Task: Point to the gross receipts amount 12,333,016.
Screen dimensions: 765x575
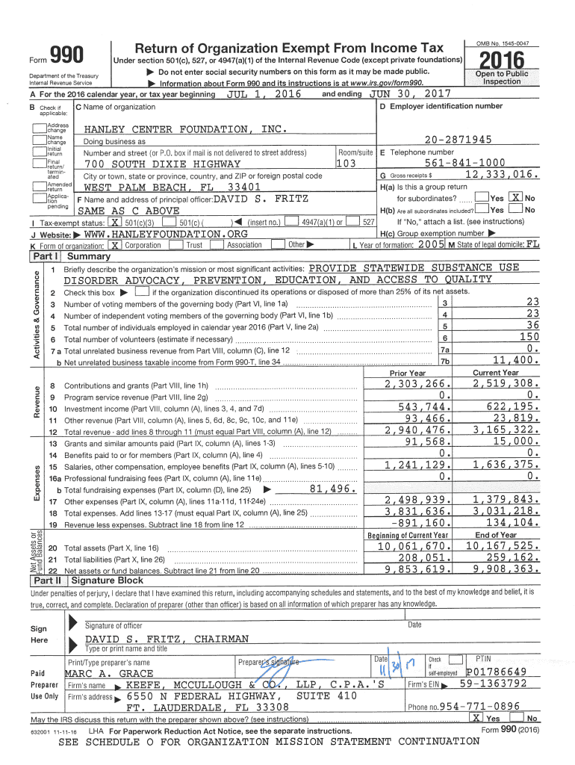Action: [501, 174]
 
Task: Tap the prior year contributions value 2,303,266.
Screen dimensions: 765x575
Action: [415, 383]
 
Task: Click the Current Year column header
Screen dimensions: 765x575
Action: [495, 372]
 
